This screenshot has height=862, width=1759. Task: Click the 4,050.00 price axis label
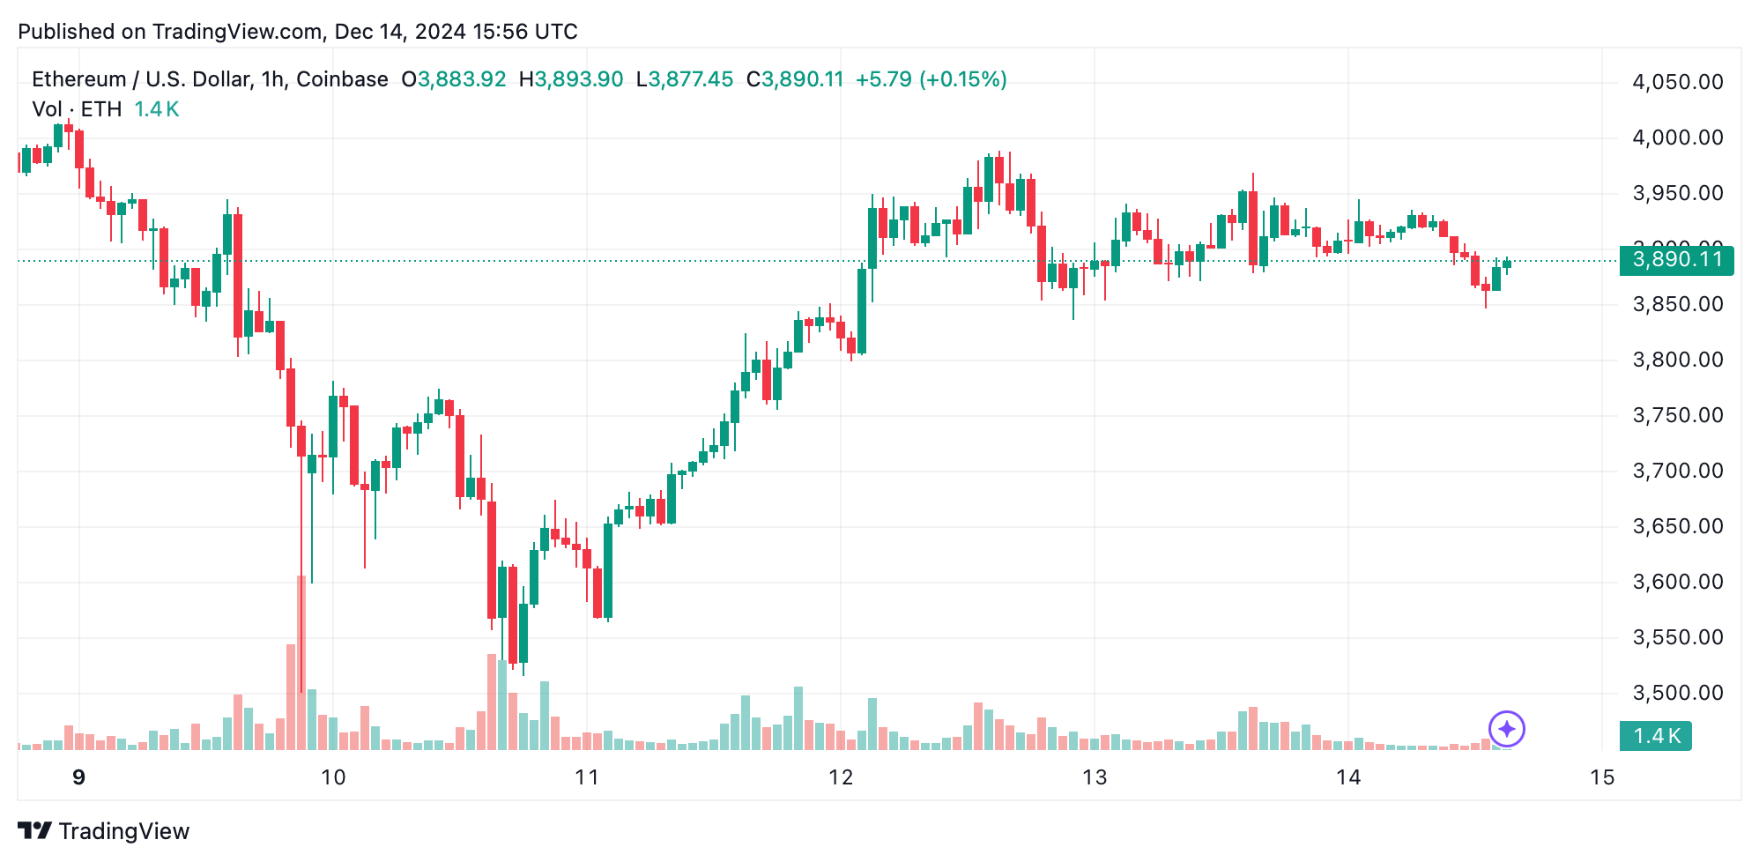tap(1677, 82)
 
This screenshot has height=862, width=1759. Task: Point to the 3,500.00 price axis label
tap(1677, 693)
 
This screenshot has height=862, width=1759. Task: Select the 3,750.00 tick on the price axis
tap(1677, 415)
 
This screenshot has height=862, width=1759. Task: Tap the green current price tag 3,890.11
tap(1676, 260)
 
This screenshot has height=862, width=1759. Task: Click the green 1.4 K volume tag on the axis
tap(1656, 736)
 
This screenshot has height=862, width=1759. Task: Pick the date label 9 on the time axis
tap(79, 777)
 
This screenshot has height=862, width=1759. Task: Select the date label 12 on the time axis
tap(841, 777)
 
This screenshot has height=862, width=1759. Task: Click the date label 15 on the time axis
tap(1601, 777)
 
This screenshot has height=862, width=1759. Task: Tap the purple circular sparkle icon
tap(1507, 729)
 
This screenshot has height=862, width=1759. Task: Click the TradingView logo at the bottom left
tap(103, 831)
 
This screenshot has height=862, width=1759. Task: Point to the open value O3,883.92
tap(454, 79)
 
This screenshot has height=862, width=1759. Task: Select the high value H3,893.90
tap(571, 79)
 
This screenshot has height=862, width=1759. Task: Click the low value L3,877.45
tap(685, 79)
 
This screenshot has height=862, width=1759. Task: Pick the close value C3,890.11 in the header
tap(795, 79)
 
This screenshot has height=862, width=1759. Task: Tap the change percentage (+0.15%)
tap(963, 79)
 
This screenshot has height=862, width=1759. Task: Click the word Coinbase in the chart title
tap(342, 79)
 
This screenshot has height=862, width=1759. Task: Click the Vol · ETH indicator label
tap(77, 109)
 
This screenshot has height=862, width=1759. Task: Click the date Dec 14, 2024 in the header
tap(400, 32)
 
